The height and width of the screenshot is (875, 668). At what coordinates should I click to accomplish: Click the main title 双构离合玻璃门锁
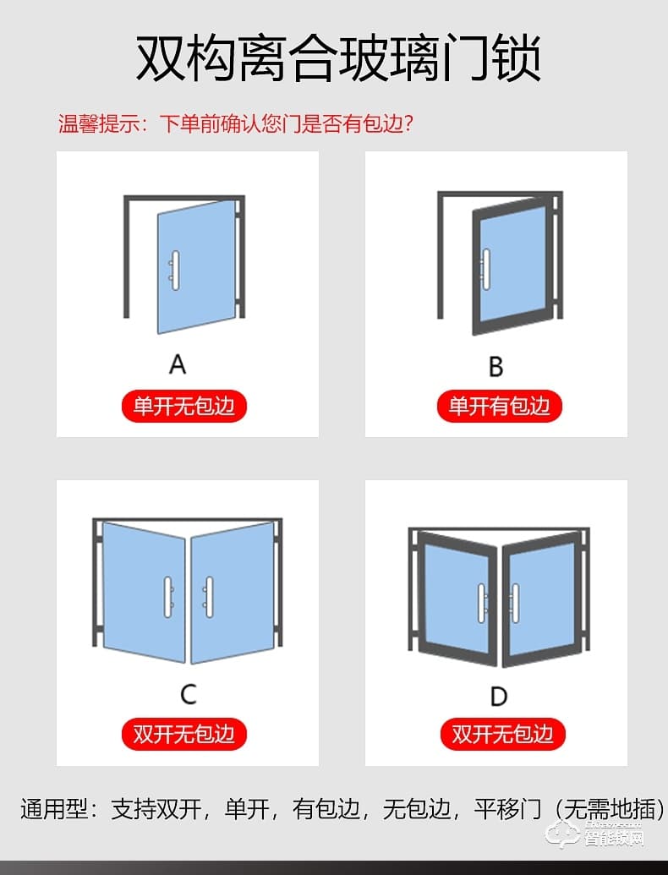click(338, 59)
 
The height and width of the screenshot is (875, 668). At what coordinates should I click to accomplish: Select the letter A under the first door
click(178, 364)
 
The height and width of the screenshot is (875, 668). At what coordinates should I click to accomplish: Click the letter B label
click(496, 366)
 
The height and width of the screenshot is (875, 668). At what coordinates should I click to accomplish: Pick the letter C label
click(189, 694)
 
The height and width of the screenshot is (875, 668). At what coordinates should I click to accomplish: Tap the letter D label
click(499, 696)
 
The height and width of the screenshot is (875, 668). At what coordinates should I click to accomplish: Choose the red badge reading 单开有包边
click(499, 407)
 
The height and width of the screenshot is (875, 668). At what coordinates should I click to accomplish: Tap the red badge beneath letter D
click(502, 733)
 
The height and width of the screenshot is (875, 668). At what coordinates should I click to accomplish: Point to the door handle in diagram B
click(486, 269)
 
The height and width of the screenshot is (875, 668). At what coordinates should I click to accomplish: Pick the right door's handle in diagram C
click(208, 597)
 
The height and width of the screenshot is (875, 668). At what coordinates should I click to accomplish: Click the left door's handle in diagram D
click(481, 604)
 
